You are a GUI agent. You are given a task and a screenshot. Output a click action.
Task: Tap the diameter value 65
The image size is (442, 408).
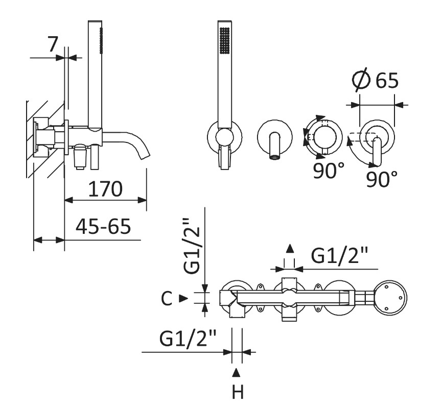click(x=386, y=81)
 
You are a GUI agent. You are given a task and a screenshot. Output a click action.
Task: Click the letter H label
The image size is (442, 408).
click(x=237, y=393)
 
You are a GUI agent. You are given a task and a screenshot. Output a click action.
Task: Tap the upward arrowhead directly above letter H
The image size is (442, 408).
click(x=236, y=371)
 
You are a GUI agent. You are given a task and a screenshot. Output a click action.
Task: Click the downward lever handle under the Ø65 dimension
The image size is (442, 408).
click(x=378, y=153)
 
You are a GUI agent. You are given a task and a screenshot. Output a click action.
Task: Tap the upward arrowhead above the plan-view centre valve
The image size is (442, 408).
click(x=290, y=249)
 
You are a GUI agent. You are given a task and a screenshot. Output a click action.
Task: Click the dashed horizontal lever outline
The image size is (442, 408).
click(x=362, y=136)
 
